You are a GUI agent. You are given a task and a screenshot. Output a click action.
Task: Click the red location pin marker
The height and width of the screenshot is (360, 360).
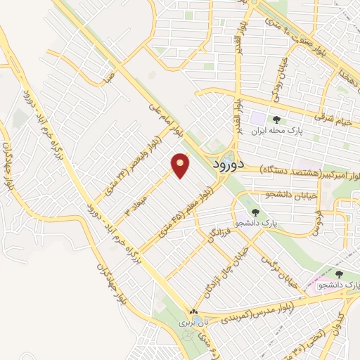(181, 165)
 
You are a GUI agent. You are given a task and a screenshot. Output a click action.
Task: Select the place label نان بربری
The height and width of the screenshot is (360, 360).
(193, 323)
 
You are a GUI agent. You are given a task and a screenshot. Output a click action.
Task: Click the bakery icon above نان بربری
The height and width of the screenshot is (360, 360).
(193, 311)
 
